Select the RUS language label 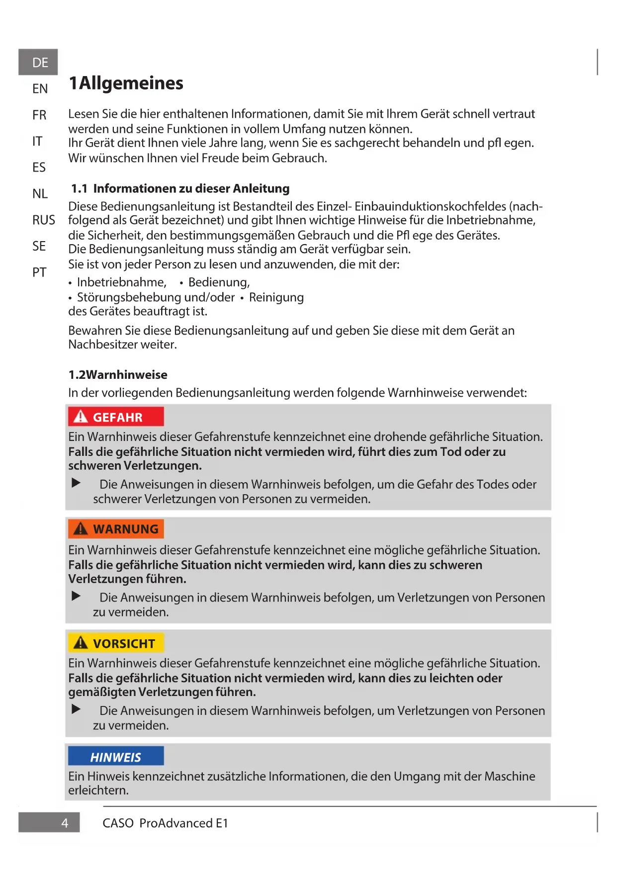(44, 220)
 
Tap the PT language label (39, 272)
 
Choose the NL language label (40, 193)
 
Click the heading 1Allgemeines (126, 83)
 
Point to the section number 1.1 (79, 188)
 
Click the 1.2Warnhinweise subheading (118, 375)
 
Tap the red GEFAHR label (116, 417)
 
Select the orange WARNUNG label (116, 529)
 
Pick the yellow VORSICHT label (116, 643)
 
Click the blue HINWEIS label (116, 757)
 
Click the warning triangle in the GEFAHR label (81, 417)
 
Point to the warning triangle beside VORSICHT (81, 643)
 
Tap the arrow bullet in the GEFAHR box (76, 483)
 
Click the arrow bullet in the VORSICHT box (76, 709)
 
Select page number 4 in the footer (65, 823)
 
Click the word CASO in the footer (118, 823)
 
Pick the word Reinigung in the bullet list (276, 297)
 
